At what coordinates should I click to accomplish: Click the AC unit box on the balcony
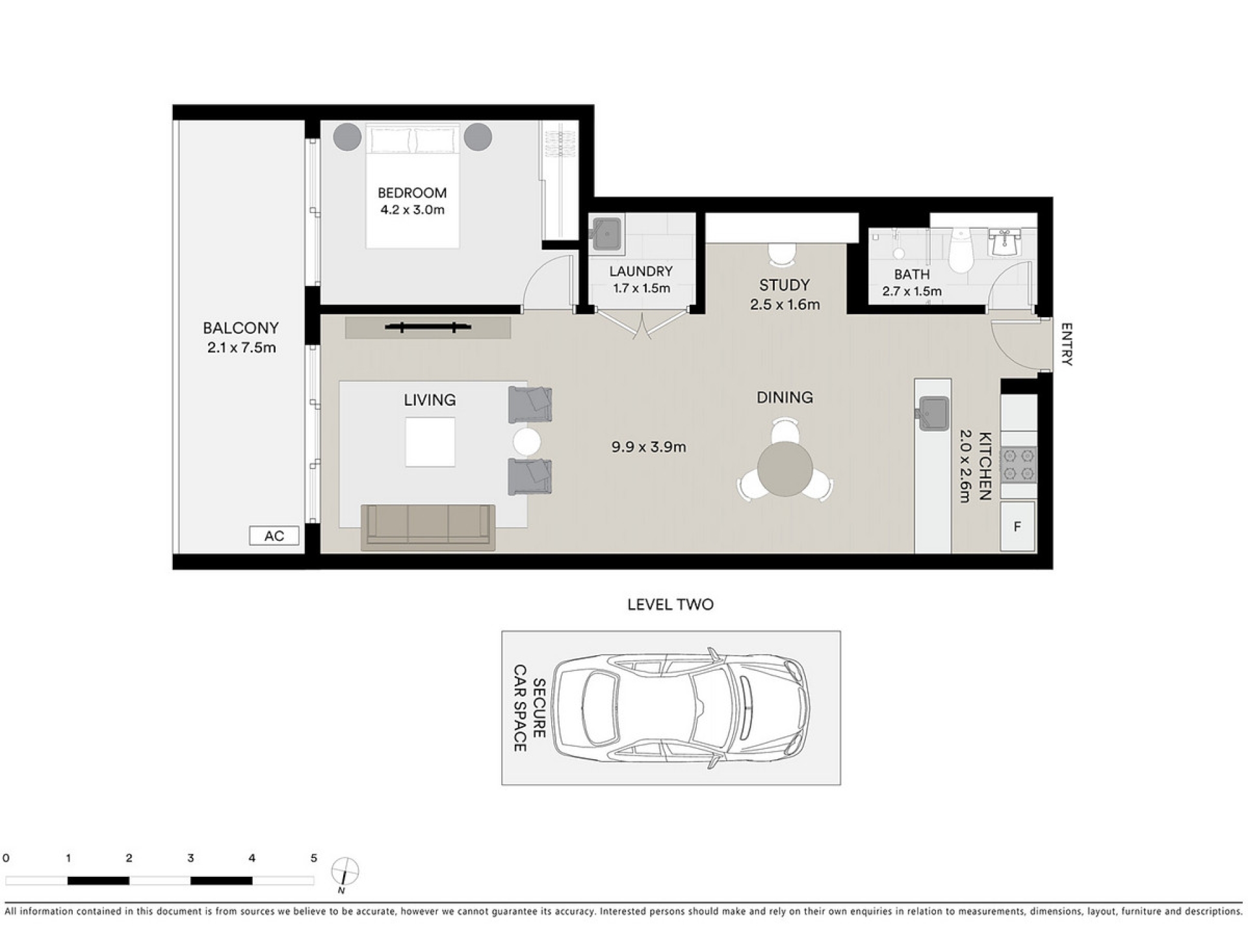pyautogui.click(x=274, y=536)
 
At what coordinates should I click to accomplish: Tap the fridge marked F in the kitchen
pyautogui.click(x=1017, y=526)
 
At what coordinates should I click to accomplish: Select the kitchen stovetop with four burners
pyautogui.click(x=1019, y=465)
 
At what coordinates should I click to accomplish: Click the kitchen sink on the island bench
pyautogui.click(x=933, y=413)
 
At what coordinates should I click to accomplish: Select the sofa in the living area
pyautogui.click(x=428, y=526)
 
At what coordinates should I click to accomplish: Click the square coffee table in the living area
pyautogui.click(x=430, y=442)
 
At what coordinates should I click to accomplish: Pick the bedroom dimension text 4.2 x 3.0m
pyautogui.click(x=413, y=210)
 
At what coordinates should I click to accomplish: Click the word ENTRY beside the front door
pyautogui.click(x=1067, y=344)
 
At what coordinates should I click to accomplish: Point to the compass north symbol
pyautogui.click(x=344, y=872)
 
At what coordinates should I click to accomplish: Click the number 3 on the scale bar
pyautogui.click(x=190, y=858)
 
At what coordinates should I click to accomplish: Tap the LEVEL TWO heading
pyautogui.click(x=670, y=604)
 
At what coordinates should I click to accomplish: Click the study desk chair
pyautogui.click(x=781, y=254)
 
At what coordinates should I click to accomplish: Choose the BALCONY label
pyautogui.click(x=240, y=328)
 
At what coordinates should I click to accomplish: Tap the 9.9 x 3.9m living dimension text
pyautogui.click(x=649, y=447)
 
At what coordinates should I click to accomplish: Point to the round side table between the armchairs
pyautogui.click(x=526, y=442)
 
